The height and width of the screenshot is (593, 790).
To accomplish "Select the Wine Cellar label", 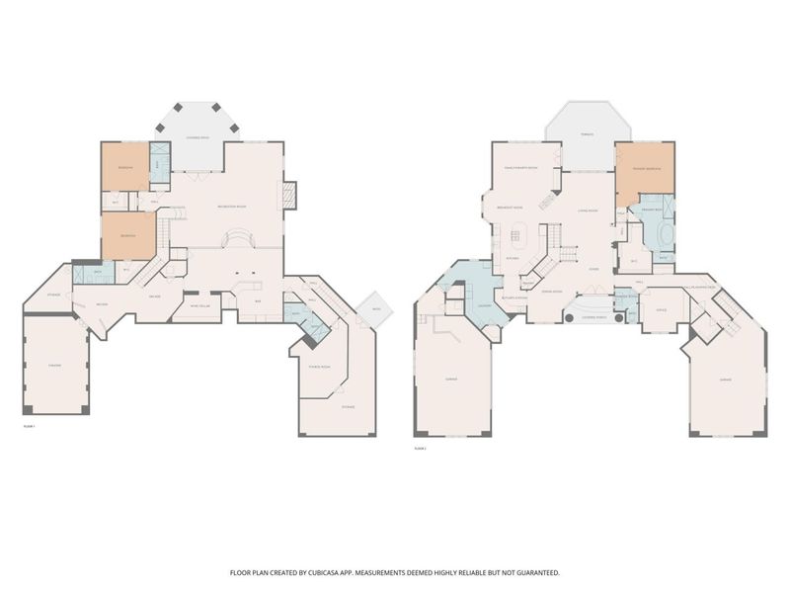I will tap(199, 306).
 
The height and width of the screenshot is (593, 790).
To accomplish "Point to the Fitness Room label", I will tap(321, 366).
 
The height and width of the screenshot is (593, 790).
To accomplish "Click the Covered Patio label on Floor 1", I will tap(197, 136).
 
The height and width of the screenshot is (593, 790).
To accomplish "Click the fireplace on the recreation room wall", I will tap(289, 195).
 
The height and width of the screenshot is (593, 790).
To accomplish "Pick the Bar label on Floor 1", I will tap(259, 299).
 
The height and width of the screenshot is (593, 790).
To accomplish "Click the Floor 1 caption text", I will tap(29, 426).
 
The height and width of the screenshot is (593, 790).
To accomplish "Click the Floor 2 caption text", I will tap(421, 448).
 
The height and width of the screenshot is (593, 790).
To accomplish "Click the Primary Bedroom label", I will tap(646, 168).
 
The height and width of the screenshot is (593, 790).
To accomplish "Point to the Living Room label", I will tap(590, 211).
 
